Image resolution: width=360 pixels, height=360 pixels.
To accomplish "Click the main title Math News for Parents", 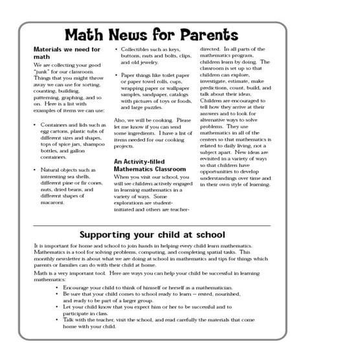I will click(152, 34).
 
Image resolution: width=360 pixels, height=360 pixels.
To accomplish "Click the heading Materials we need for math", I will click(67, 52).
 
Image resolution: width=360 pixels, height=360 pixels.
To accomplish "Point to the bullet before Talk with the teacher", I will click(58, 320).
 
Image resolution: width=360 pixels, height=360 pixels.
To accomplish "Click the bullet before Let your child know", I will click(58, 306).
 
